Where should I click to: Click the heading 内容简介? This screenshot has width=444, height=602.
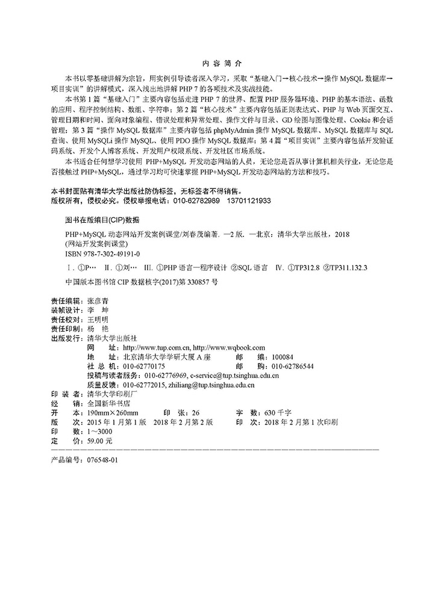point(222,63)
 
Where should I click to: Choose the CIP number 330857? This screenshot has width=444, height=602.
point(192,281)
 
